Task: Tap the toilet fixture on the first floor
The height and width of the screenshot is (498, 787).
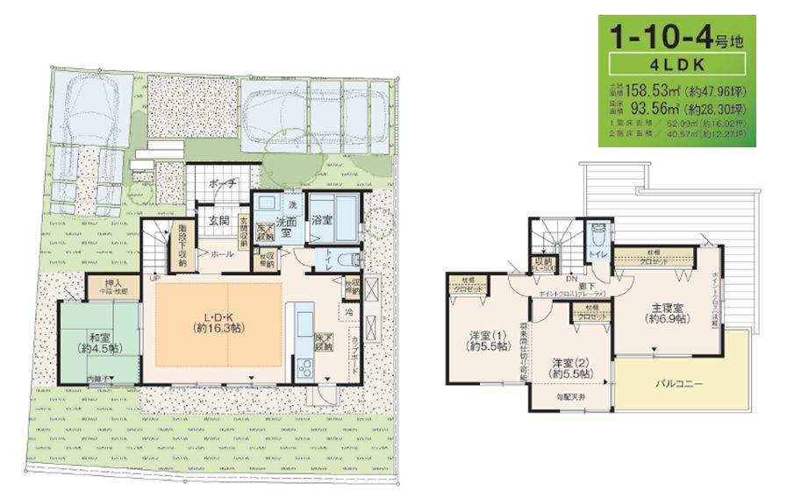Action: pyautogui.click(x=353, y=260)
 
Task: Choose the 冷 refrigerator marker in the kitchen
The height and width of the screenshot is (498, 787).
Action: pyautogui.click(x=348, y=310)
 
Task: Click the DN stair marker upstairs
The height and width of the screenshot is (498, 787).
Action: pyautogui.click(x=570, y=277)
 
